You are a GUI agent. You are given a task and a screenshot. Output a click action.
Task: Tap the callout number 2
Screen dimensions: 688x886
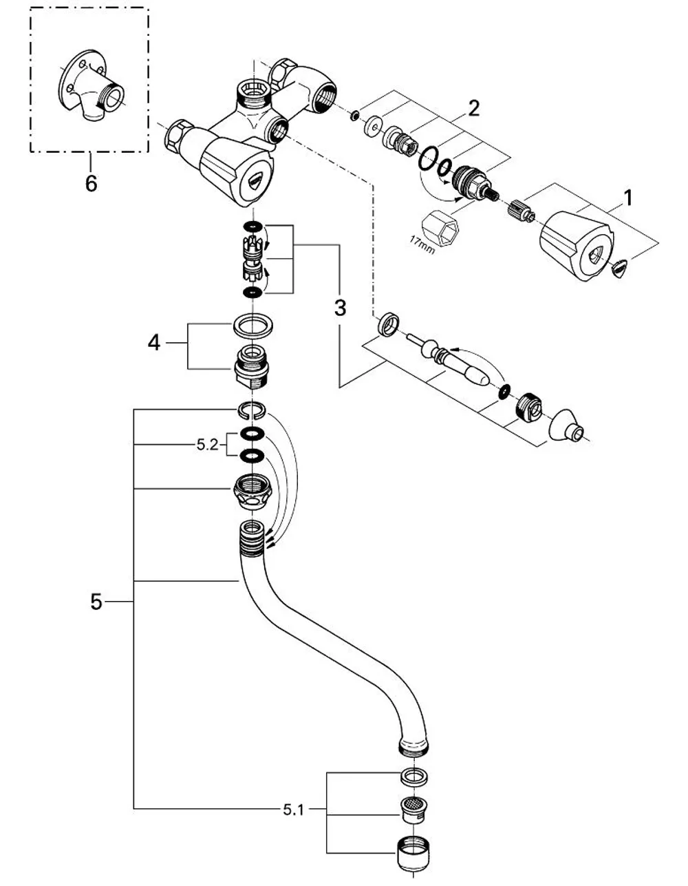click(x=473, y=109)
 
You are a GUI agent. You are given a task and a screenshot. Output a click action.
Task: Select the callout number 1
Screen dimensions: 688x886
click(x=629, y=198)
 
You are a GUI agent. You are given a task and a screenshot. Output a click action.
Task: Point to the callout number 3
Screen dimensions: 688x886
click(x=340, y=308)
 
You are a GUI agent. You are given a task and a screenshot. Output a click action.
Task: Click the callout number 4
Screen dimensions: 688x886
click(x=154, y=343)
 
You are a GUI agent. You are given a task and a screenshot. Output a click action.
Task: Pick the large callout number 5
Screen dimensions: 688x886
click(x=96, y=602)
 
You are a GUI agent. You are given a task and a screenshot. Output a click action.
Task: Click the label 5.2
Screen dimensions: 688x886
click(x=208, y=445)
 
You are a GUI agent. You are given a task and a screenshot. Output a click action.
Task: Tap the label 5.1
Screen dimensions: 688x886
click(x=294, y=810)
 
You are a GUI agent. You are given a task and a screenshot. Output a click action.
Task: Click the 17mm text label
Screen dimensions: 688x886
click(x=422, y=245)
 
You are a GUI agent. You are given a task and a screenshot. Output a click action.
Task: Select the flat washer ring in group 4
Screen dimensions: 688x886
click(x=253, y=326)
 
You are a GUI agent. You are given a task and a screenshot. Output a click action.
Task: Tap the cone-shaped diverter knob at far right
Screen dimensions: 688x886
click(x=566, y=425)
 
